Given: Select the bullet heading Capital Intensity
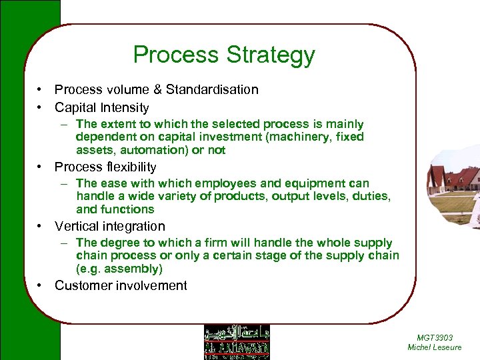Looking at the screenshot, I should click(101, 107).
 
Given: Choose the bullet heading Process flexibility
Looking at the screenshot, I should click(105, 167).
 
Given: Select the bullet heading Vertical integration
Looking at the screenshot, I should click(109, 227).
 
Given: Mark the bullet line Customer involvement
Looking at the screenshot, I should click(121, 286).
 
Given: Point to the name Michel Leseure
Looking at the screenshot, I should click(434, 347).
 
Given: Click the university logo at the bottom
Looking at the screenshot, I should click(237, 342).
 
